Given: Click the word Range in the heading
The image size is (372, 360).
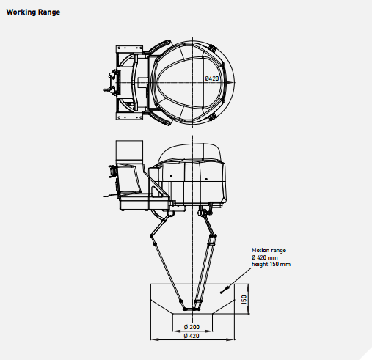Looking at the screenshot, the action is click(x=49, y=12).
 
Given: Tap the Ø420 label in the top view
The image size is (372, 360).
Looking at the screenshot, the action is click(x=212, y=78).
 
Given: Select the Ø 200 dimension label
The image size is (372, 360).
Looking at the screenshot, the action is click(x=192, y=327).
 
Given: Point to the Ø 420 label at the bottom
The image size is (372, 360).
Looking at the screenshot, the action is click(x=192, y=336).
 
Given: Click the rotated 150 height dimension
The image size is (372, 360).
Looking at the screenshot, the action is click(x=244, y=300).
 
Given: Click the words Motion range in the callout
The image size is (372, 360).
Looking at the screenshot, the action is click(x=269, y=250).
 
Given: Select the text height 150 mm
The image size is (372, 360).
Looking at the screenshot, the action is click(x=271, y=264).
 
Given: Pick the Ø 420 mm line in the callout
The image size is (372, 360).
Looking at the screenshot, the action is click(x=265, y=257).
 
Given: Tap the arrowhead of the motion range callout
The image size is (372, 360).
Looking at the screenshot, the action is click(x=227, y=287).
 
